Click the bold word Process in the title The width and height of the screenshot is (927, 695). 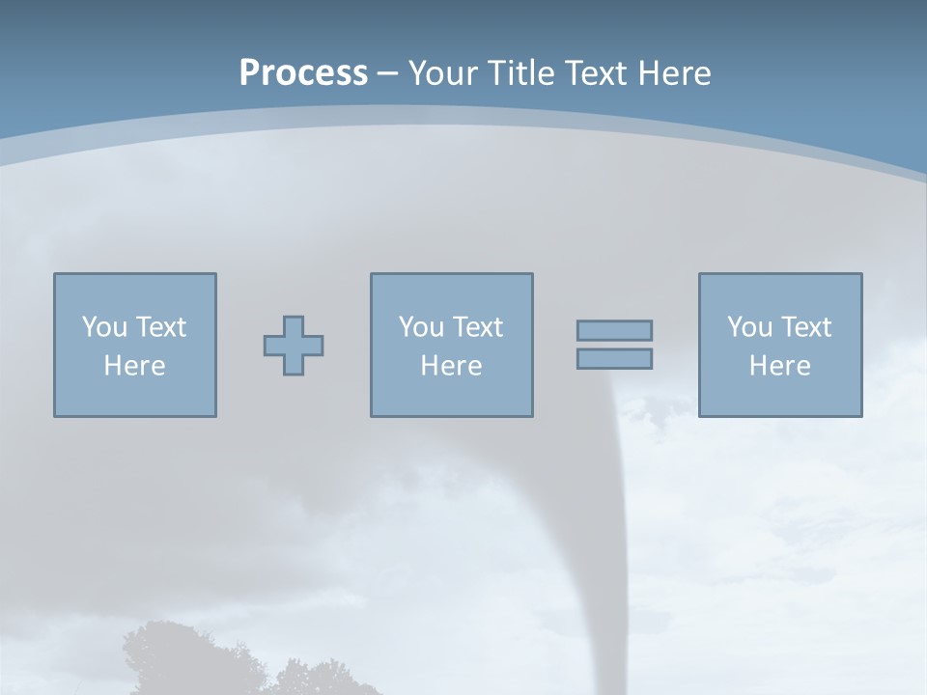tap(303, 73)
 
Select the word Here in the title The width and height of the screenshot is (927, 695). tap(674, 73)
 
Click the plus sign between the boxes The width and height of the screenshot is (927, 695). tap(294, 346)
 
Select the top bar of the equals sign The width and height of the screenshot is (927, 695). tap(614, 330)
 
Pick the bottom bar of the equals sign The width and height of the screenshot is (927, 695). tap(614, 358)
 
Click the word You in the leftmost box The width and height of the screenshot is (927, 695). tap(104, 327)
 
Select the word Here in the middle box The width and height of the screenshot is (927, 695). tap(451, 366)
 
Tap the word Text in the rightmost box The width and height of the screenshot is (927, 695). tap(805, 327)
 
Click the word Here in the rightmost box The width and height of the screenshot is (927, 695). tap(779, 366)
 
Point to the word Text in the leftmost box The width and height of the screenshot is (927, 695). tap(160, 327)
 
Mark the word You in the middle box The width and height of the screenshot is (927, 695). tap(421, 327)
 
